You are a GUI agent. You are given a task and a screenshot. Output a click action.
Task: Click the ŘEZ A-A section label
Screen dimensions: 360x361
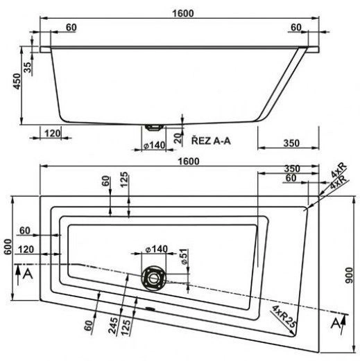point(211,140)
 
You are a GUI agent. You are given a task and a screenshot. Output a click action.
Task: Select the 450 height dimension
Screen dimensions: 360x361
point(17,81)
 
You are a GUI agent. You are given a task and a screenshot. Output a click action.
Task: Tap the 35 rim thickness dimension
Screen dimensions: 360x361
point(27,67)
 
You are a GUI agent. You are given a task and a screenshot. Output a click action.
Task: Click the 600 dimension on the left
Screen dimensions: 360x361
point(8,247)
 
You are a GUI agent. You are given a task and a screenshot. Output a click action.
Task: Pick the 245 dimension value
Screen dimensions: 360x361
point(113,326)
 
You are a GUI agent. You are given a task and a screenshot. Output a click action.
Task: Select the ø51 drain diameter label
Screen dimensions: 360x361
point(184,256)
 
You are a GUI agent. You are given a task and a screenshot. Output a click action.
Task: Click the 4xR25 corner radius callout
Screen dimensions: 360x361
point(284,316)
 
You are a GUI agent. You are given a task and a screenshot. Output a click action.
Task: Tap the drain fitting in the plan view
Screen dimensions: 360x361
point(153,278)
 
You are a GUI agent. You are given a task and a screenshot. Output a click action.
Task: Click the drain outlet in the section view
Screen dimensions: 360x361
point(154,127)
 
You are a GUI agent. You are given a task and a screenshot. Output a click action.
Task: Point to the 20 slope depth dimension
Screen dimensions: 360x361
point(178,139)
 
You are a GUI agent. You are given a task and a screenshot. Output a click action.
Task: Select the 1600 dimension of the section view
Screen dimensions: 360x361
point(183,13)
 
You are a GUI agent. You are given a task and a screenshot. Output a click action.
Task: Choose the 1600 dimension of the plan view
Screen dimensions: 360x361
point(189,161)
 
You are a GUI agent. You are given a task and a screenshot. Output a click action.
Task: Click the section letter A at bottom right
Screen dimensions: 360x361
point(336,323)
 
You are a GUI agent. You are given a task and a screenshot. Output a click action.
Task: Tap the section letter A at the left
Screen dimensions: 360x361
point(28,274)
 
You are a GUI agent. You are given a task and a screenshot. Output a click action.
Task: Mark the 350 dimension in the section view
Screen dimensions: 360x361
point(291,143)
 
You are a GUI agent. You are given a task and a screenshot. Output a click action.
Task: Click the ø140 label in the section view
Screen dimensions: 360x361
point(155,146)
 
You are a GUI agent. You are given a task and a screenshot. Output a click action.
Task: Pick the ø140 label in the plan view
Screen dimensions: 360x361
point(156,249)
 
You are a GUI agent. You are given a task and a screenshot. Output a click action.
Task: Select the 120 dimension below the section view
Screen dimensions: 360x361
point(52,133)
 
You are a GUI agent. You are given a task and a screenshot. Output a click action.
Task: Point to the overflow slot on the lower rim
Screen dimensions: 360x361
point(151,308)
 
